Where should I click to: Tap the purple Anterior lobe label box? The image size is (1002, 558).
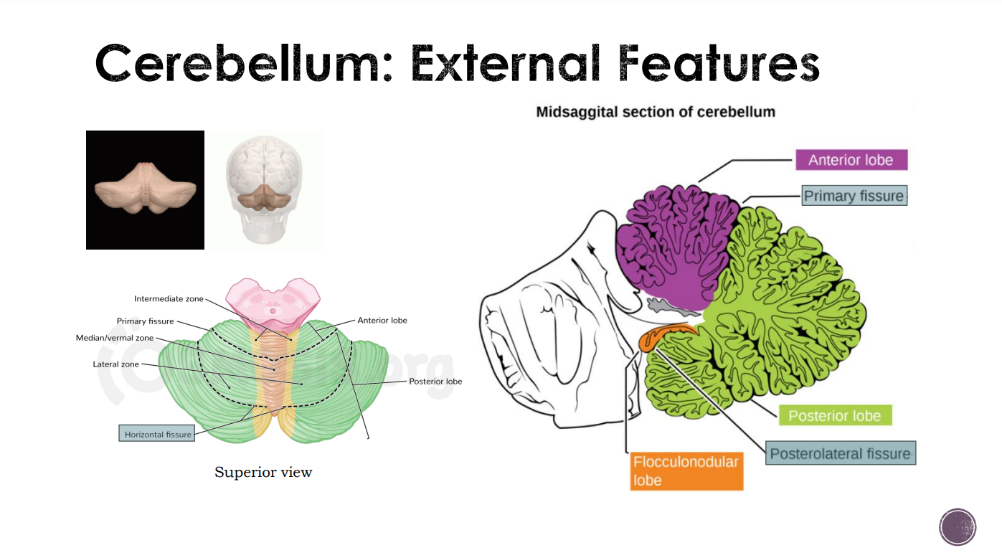tap(851, 160)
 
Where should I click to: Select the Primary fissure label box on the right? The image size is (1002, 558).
tap(854, 196)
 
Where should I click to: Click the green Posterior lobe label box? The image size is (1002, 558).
tap(834, 416)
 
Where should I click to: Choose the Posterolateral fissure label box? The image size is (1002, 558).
tap(840, 453)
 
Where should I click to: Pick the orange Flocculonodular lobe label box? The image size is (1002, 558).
tap(686, 470)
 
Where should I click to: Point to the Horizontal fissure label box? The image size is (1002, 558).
tap(158, 434)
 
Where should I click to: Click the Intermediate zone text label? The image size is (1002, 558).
tap(169, 298)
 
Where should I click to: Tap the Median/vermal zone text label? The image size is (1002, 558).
tap(115, 338)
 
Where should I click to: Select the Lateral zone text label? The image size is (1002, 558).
tap(115, 364)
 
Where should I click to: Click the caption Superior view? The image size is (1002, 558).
tap(263, 472)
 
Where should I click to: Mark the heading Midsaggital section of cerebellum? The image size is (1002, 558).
tap(656, 112)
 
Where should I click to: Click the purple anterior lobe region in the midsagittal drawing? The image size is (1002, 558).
tap(674, 244)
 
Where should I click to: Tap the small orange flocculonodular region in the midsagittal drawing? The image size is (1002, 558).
tap(663, 336)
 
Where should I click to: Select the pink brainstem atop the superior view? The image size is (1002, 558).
tap(273, 301)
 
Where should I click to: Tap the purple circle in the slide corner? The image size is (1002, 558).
tap(958, 527)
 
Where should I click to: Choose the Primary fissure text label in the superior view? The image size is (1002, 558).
tap(145, 321)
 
